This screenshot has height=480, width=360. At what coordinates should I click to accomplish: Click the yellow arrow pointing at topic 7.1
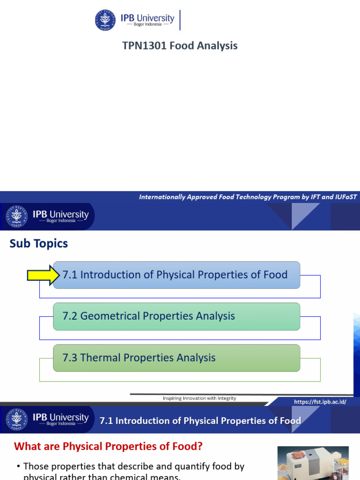(41, 275)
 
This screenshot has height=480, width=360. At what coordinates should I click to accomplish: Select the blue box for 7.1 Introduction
(176, 275)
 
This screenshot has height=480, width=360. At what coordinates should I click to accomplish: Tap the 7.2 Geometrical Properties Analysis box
(176, 316)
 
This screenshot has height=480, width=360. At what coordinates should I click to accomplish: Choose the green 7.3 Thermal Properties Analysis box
(176, 358)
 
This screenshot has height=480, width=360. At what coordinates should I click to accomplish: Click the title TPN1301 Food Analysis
(180, 45)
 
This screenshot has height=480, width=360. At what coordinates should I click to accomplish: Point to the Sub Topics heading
(39, 243)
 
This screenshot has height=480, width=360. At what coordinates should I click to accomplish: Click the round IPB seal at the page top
(105, 20)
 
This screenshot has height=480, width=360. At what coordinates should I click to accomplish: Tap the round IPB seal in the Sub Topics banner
(15, 217)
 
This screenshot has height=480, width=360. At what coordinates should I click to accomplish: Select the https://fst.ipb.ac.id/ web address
(320, 402)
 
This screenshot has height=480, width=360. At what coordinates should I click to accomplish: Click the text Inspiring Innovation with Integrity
(199, 398)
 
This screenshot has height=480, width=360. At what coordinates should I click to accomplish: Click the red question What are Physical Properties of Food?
(108, 446)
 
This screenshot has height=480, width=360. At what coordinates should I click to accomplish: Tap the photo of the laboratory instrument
(313, 463)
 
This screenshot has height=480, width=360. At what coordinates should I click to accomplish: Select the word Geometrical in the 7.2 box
(110, 316)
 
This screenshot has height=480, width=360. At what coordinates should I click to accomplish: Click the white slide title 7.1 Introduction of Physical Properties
(200, 420)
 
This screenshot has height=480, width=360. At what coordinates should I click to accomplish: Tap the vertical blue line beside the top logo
(180, 20)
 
